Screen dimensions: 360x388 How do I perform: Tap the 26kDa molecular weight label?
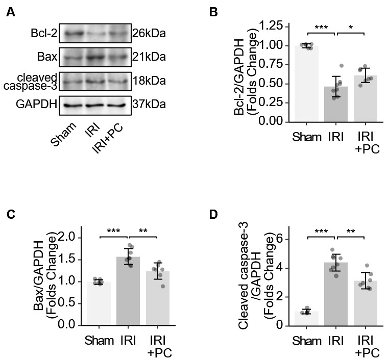pos(149,34)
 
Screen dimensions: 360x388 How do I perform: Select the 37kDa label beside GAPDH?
pos(149,105)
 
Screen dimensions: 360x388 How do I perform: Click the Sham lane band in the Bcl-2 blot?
pos(72,34)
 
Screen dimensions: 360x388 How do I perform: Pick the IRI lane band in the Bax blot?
pos(95,57)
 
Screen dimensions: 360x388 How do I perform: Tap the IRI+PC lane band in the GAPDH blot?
pos(117,106)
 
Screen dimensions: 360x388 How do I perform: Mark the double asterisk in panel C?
pos(143,231)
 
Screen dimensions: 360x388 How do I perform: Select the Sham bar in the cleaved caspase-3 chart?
pos(306,318)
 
